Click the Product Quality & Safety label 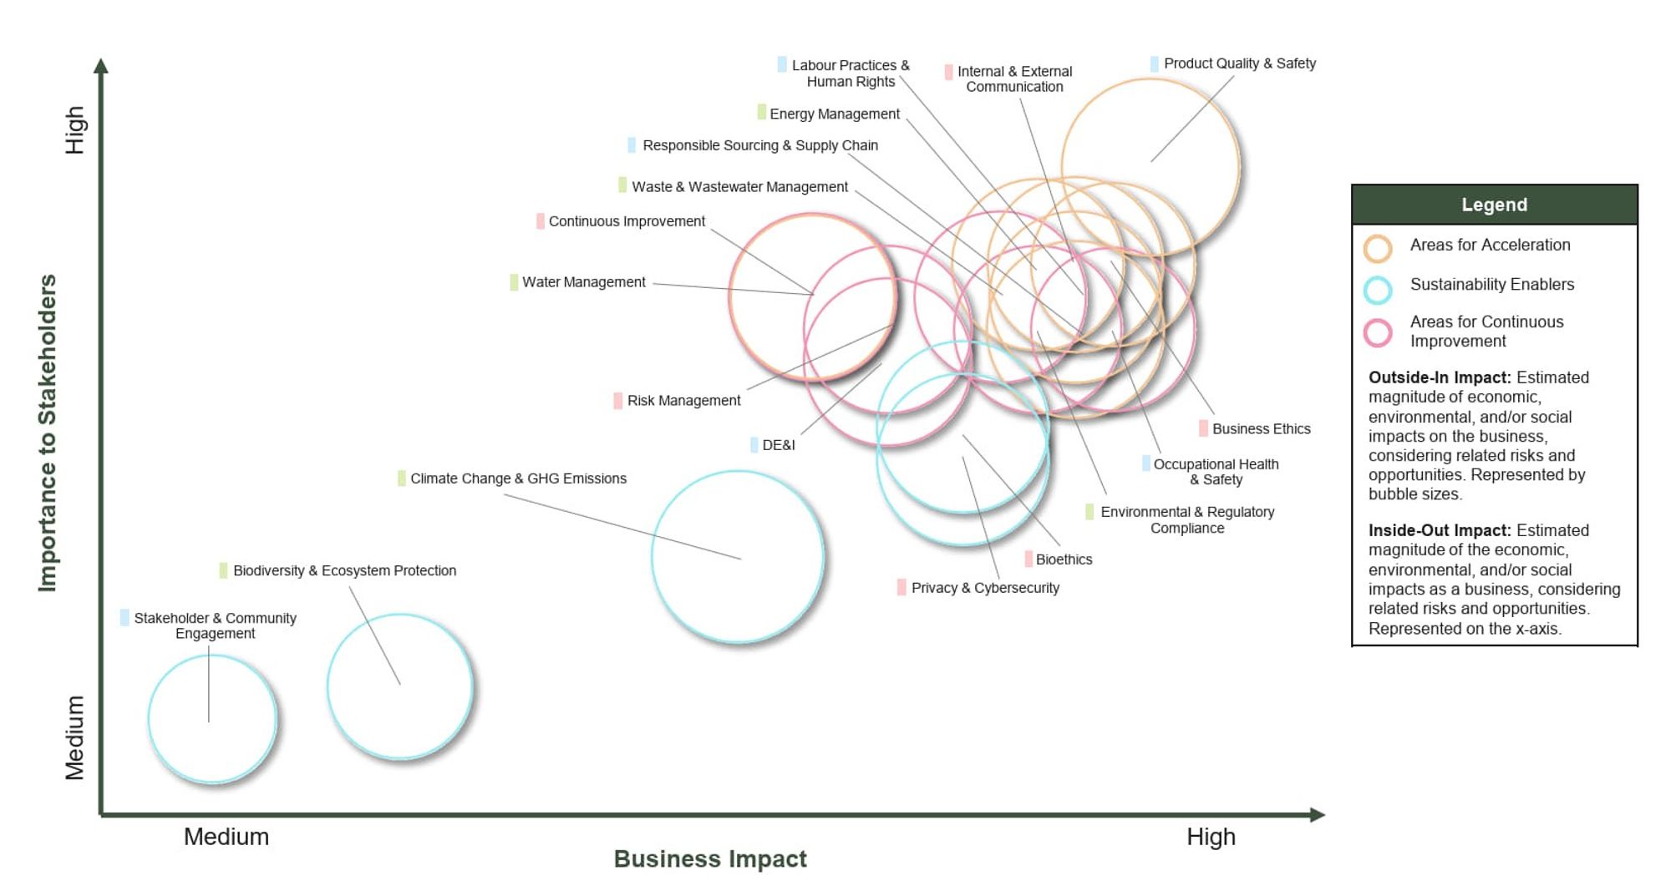pyautogui.click(x=1239, y=63)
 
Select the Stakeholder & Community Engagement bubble pyautogui.click(x=212, y=719)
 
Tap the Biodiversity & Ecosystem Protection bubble pyautogui.click(x=400, y=686)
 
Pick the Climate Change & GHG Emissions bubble pyautogui.click(x=738, y=557)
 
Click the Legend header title pyautogui.click(x=1494, y=205)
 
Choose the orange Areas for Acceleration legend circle pyautogui.click(x=1378, y=248)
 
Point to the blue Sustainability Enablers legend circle pyautogui.click(x=1378, y=290)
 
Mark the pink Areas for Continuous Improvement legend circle pyautogui.click(x=1378, y=332)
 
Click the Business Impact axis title pyautogui.click(x=710, y=858)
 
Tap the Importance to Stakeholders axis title pyautogui.click(x=48, y=433)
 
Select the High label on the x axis pyautogui.click(x=1211, y=837)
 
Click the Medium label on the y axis pyautogui.click(x=75, y=737)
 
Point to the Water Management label pyautogui.click(x=583, y=282)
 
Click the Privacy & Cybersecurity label pyautogui.click(x=985, y=588)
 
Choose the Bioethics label pyautogui.click(x=1064, y=559)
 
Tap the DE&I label pyautogui.click(x=778, y=445)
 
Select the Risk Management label pyautogui.click(x=683, y=401)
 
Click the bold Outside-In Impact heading pyautogui.click(x=1440, y=377)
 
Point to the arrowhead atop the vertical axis pyautogui.click(x=101, y=66)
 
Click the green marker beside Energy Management pyautogui.click(x=761, y=112)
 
